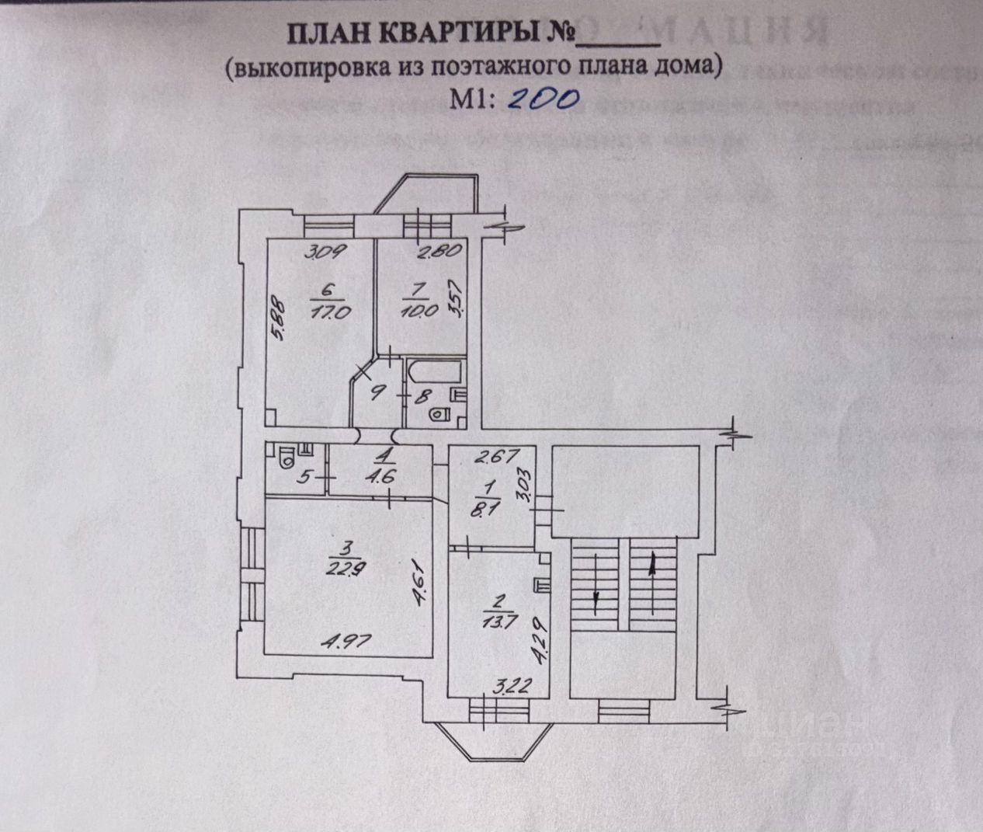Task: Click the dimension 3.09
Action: [x=325, y=252]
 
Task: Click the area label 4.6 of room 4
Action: [x=383, y=475]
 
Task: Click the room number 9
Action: [x=376, y=393]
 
